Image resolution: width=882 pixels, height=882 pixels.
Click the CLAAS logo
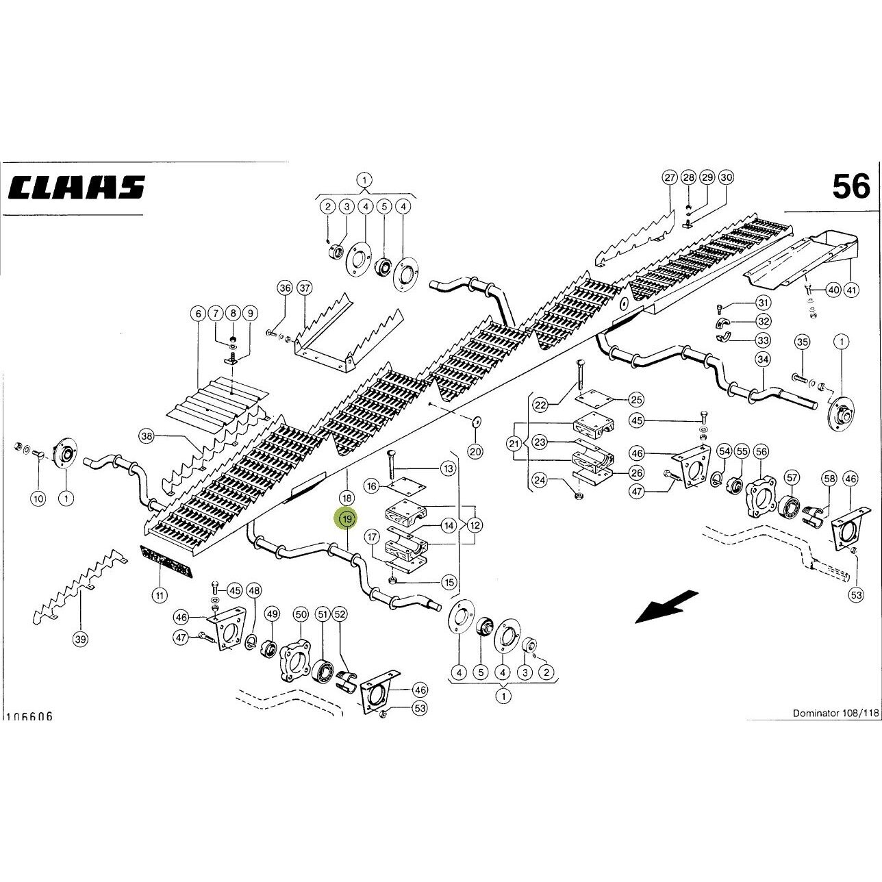(77, 187)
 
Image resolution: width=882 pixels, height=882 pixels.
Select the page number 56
(851, 187)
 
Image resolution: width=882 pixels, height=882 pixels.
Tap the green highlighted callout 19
(347, 519)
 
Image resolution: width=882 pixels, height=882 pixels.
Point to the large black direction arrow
(667, 607)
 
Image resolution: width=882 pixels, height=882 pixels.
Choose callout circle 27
(670, 177)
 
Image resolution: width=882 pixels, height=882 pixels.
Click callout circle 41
(851, 290)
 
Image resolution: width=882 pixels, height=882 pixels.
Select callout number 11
(160, 596)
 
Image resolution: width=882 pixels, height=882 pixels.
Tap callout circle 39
(80, 638)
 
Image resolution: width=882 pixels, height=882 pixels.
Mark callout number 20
(475, 452)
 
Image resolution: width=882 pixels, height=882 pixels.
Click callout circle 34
(763, 360)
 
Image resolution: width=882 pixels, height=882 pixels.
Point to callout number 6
(198, 314)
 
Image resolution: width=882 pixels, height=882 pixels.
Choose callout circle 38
(147, 436)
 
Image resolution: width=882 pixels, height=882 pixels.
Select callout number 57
(792, 478)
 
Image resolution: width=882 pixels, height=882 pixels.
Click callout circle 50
(301, 615)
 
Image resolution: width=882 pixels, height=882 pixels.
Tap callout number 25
(637, 400)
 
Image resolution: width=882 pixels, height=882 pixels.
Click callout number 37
(304, 288)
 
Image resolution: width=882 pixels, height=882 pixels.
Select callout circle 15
(449, 583)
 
